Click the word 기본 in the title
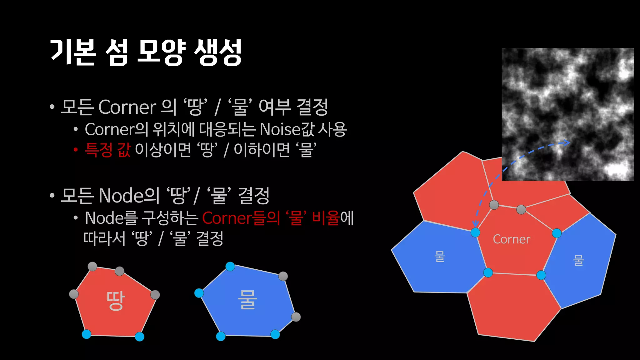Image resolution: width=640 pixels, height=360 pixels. [73, 52]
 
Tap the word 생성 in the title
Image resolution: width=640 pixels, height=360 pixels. [218, 52]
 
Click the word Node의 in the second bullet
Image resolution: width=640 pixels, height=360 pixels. [129, 196]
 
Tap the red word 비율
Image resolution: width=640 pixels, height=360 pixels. [326, 218]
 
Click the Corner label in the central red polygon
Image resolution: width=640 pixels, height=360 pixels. [511, 239]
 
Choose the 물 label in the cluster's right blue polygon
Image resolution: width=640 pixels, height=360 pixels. [578, 260]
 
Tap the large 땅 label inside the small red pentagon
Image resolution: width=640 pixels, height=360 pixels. [116, 301]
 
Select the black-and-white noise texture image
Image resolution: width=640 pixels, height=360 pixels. [567, 114]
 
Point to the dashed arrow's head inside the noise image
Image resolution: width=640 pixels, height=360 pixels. [567, 143]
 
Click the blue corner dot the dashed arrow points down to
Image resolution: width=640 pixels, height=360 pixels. [475, 232]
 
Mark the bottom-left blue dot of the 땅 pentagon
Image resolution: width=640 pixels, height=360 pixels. [87, 334]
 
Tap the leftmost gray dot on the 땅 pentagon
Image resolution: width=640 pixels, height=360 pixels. [74, 294]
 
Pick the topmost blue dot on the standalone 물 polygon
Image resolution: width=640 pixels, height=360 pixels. [230, 267]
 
